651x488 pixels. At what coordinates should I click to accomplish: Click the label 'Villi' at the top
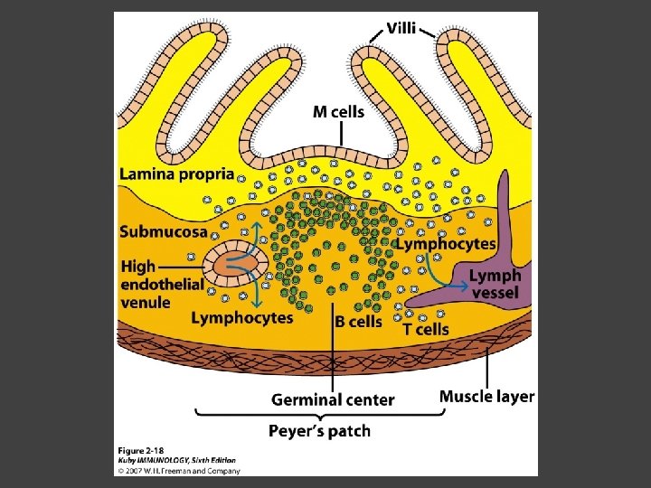click(x=401, y=28)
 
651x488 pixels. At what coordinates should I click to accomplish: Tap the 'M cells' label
click(x=339, y=112)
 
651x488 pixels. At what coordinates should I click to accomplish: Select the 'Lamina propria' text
click(x=176, y=174)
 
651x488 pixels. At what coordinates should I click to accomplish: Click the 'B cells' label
click(x=358, y=321)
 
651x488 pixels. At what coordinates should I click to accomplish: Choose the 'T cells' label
click(x=425, y=329)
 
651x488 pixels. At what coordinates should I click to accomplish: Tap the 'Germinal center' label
click(x=333, y=399)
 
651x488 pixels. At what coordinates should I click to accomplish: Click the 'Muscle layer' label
click(x=486, y=396)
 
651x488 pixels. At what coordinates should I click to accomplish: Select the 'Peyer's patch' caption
click(x=319, y=430)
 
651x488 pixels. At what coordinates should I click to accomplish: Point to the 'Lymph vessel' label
click(x=495, y=284)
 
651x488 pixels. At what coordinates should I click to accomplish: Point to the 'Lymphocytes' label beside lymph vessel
click(x=447, y=244)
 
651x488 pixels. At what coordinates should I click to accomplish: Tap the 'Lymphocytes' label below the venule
click(x=241, y=317)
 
